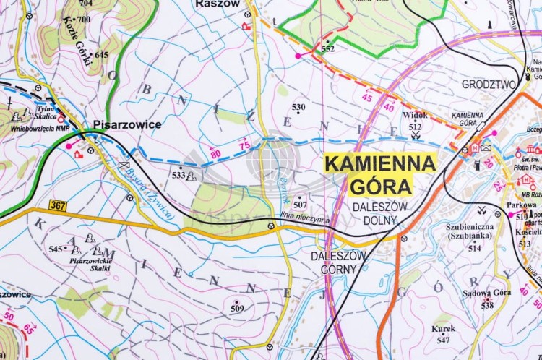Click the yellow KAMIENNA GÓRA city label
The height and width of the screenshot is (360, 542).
380,174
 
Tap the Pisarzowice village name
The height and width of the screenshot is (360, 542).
126,124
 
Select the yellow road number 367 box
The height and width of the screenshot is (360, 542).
59,205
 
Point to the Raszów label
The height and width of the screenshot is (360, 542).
216,4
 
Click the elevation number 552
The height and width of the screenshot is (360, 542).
328,49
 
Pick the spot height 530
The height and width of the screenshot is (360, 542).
298,107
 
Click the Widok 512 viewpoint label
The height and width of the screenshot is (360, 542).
416,120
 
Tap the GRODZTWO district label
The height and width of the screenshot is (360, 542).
489,85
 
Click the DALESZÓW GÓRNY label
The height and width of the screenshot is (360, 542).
339,262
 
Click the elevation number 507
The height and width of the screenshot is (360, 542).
300,205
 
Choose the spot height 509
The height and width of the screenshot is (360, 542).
237,309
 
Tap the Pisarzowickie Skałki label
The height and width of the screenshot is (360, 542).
90,263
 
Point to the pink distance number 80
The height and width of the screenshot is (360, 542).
215,154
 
